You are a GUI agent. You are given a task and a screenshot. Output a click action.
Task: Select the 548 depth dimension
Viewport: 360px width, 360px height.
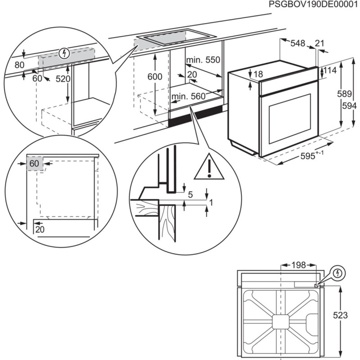(x=298, y=44)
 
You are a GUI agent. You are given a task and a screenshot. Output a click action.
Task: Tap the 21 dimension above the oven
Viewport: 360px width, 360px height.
(x=319, y=43)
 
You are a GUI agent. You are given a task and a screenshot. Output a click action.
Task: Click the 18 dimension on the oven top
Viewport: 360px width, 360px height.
(x=257, y=74)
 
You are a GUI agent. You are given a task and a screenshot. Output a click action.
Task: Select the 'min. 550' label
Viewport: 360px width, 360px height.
(x=203, y=60)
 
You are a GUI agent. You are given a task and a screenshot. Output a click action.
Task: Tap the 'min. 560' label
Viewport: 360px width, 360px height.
(x=188, y=96)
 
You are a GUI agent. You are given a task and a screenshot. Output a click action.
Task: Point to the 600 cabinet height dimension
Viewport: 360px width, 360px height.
(x=154, y=77)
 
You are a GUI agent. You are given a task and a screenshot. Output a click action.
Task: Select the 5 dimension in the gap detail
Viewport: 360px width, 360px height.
(x=190, y=195)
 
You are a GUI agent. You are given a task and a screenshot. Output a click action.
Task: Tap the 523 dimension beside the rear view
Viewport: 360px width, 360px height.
(x=340, y=315)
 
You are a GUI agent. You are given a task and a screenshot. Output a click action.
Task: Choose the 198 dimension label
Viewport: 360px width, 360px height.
(x=298, y=265)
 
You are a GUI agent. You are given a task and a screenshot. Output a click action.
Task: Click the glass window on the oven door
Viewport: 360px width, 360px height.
(x=290, y=119)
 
